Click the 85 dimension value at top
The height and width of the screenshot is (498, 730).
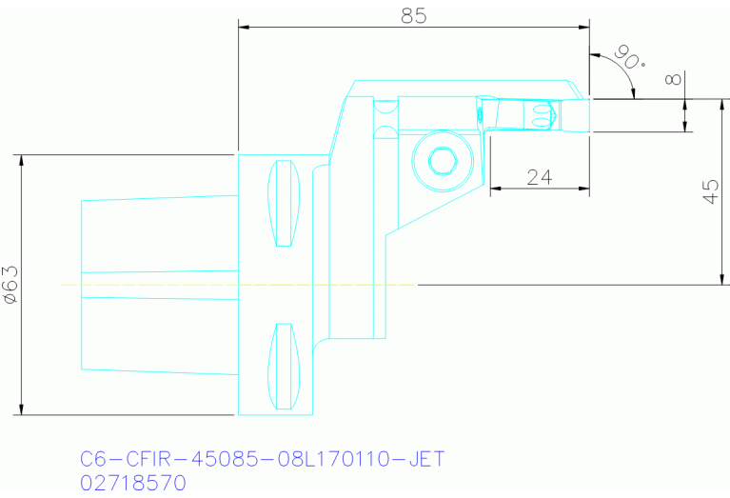pyautogui.click(x=413, y=15)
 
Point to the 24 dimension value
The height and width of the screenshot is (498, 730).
pyautogui.click(x=540, y=177)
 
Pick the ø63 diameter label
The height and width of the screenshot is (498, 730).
pyautogui.click(x=11, y=285)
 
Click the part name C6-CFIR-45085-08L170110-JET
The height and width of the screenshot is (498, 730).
pyautogui.click(x=263, y=460)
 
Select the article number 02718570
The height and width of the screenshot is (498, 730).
pyautogui.click(x=133, y=483)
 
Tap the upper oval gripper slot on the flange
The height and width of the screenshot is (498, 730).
pyautogui.click(x=283, y=204)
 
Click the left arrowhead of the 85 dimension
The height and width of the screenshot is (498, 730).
pyautogui.click(x=244, y=27)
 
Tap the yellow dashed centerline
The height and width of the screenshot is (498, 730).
pyautogui.click(x=238, y=284)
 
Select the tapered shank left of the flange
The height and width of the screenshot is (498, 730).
pyautogui.click(x=157, y=284)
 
